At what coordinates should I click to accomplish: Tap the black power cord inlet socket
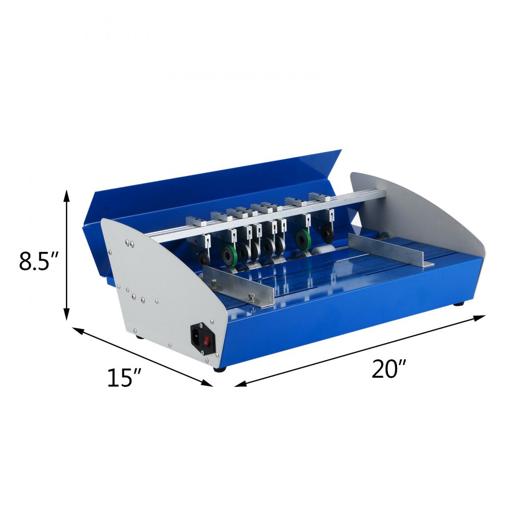point(196,336)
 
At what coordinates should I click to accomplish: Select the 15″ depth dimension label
point(124,378)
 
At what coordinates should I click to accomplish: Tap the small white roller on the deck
point(320,250)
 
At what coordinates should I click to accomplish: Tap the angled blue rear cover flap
point(213,188)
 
